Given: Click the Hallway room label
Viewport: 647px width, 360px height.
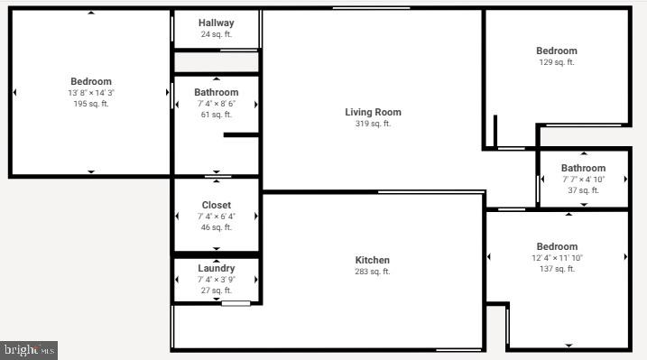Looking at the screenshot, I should coord(217,23).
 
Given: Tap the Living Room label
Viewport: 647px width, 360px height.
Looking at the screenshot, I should coord(373,113).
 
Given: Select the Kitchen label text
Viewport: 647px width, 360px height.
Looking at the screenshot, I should coord(373,260).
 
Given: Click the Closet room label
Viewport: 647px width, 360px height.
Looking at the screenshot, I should coord(217,205).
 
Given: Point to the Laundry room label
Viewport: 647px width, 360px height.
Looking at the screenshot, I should coord(217,268).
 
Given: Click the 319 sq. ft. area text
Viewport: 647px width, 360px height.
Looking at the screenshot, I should coord(373,125).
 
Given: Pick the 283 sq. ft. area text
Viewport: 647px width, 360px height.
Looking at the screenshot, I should coord(373,272).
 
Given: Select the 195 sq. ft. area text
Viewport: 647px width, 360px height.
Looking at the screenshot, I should coord(91,105).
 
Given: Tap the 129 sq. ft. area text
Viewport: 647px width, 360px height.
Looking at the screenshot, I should coord(557,62).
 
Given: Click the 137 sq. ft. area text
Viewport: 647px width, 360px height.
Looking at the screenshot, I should coord(557,269).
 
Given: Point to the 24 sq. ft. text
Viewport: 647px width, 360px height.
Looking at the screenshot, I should coord(217,34).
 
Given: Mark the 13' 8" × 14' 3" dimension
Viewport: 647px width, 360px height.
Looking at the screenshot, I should coord(91,93).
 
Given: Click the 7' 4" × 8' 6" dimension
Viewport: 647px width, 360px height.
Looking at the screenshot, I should coord(217,104).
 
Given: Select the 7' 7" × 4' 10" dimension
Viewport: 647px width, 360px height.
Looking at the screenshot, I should coord(583,180).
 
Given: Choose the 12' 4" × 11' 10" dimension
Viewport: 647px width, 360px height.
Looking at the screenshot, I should coord(557,258).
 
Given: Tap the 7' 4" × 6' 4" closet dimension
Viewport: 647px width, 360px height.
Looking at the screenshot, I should coord(217,217).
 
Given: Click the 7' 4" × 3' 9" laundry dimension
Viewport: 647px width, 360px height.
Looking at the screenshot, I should coord(217,280).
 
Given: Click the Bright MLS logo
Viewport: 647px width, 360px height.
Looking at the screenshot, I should coord(29,349).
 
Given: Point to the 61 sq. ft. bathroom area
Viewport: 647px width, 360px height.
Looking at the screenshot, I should coord(217,115).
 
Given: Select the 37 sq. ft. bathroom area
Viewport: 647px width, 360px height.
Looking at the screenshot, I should coord(583,190).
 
